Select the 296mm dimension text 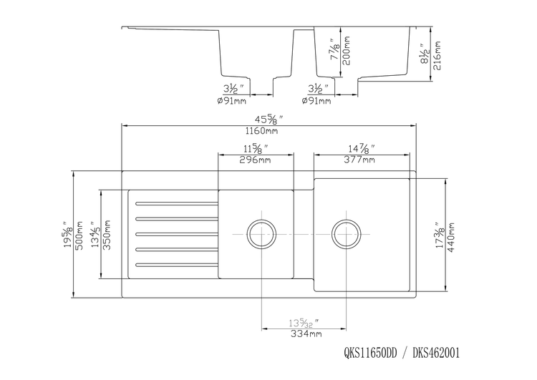coord(255,160)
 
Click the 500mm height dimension coord(80,234)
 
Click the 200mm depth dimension coord(348,52)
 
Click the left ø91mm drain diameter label coord(233,102)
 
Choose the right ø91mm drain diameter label coord(316,102)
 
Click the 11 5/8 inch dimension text coord(255,148)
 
